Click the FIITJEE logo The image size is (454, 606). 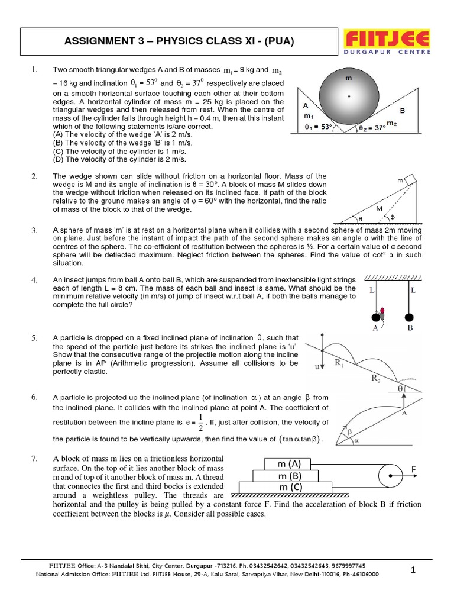[387, 38]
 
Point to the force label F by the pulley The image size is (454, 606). [414, 469]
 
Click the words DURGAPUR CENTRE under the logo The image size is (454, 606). [387, 51]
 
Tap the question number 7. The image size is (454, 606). [34, 459]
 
